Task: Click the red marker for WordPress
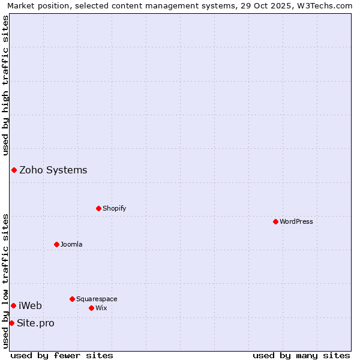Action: click(x=275, y=221)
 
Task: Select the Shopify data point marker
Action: click(x=98, y=208)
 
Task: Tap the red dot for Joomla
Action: click(x=56, y=244)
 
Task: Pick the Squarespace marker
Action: click(x=72, y=299)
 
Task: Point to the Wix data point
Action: click(x=91, y=308)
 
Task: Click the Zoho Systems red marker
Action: click(x=14, y=170)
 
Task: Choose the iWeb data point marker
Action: click(x=13, y=305)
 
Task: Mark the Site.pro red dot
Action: click(x=11, y=323)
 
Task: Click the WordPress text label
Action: click(x=296, y=221)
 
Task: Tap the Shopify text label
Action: click(x=115, y=208)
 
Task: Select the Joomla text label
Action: click(x=71, y=244)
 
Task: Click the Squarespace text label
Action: click(x=97, y=299)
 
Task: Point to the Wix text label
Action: click(x=101, y=308)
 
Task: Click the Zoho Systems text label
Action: click(x=53, y=170)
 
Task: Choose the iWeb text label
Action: click(x=31, y=305)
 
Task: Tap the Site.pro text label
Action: click(x=35, y=323)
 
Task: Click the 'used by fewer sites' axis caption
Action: click(x=62, y=355)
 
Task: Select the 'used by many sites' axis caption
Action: click(x=301, y=355)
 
